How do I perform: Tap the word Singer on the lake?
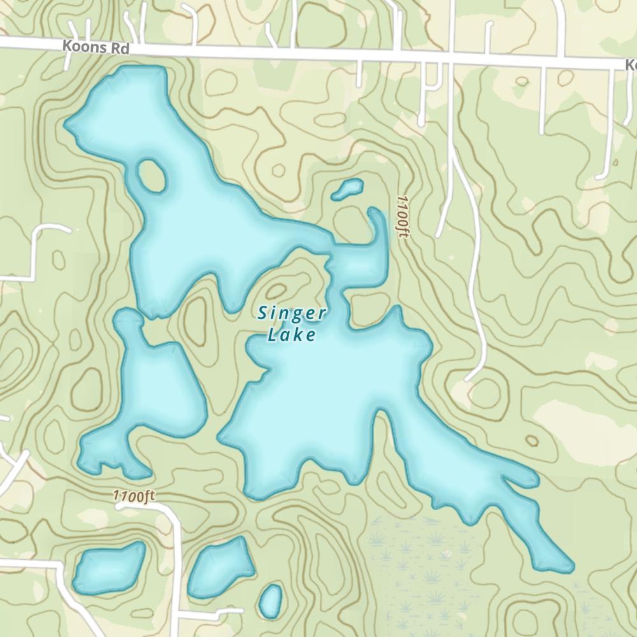pyautogui.click(x=292, y=313)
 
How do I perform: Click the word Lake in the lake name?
pyautogui.click(x=292, y=334)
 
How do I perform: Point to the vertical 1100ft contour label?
pyautogui.click(x=401, y=217)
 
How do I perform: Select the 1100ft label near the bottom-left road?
pyautogui.click(x=134, y=496)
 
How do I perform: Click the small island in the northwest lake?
pyautogui.click(x=152, y=175)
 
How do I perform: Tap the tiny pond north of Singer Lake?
pyautogui.click(x=348, y=189)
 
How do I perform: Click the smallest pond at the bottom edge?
pyautogui.click(x=271, y=601)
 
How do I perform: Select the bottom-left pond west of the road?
pyautogui.click(x=108, y=567)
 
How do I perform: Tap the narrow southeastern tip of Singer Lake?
pyautogui.click(x=561, y=564)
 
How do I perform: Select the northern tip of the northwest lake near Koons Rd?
pyautogui.click(x=137, y=73)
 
